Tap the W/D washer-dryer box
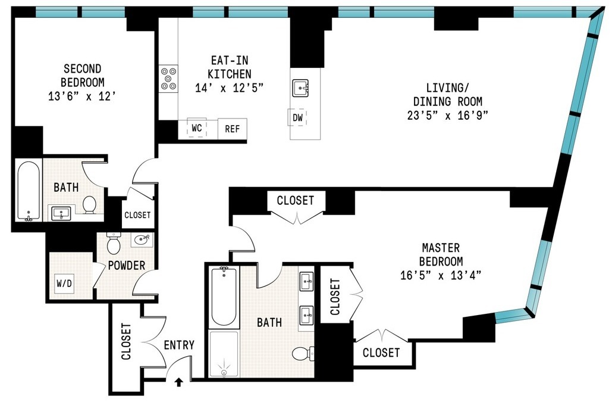[64, 283]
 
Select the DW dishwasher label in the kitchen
[298, 118]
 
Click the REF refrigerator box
[232, 128]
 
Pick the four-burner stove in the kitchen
[168, 78]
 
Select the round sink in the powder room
[142, 239]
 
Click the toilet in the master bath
[302, 353]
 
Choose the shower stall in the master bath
[224, 354]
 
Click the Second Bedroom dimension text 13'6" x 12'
[83, 95]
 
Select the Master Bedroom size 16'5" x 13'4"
[441, 275]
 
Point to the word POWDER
[126, 265]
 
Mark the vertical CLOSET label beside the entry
[126, 342]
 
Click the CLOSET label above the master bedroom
[295, 200]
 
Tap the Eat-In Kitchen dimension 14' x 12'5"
[229, 88]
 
